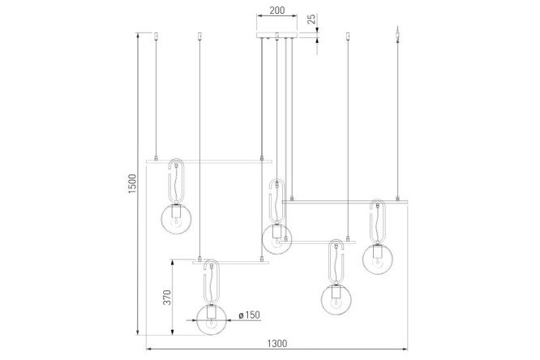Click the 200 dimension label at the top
point(276,11)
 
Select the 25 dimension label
point(311,19)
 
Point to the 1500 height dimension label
point(132,183)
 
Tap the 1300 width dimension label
point(276,344)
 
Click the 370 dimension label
point(167,297)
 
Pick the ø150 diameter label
point(249,315)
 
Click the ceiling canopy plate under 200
point(276,35)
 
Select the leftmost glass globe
point(177,219)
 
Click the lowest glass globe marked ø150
point(212,319)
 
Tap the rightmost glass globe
point(378,259)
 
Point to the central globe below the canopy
point(276,239)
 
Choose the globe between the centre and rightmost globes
point(336,299)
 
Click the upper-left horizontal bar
point(209,161)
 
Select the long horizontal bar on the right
point(345,202)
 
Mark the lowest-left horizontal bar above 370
point(231,262)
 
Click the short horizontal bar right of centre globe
point(317,242)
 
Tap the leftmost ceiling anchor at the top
point(156,36)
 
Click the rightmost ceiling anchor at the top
point(398,34)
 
